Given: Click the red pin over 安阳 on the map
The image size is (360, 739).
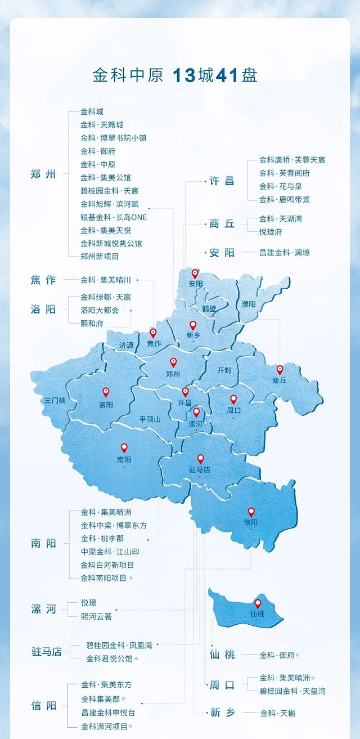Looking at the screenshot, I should coord(195,274).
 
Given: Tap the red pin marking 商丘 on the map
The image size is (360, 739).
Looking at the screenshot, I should coord(280,370).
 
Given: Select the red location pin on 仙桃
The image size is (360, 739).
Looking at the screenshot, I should coord(258,603).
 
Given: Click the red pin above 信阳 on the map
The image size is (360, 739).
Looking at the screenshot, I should coord(251,512).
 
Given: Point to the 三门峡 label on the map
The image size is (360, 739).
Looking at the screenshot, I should coord(56,401).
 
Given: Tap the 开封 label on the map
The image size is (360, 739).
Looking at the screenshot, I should coord(224,370).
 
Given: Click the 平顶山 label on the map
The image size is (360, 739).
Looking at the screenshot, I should coord(150,419).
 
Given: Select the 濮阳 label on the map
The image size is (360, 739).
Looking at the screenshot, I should coord(249,304).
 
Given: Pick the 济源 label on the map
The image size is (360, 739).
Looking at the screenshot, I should coord(126,346).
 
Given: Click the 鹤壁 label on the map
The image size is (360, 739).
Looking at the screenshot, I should coord(209,309).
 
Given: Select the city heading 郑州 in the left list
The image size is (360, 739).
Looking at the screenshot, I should coord(43,174).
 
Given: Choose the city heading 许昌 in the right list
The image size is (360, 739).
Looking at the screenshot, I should coord(222,181).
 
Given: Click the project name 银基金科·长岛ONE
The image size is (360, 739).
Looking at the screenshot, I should coord(114,217).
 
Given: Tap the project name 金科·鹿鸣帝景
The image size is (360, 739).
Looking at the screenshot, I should coord(284,199).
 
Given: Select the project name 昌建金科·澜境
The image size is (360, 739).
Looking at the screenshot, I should coord(284,253).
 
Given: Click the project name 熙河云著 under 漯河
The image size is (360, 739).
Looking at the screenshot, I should coord(96,616).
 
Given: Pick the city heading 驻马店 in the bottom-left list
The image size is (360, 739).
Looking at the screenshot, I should coord(47,652).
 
